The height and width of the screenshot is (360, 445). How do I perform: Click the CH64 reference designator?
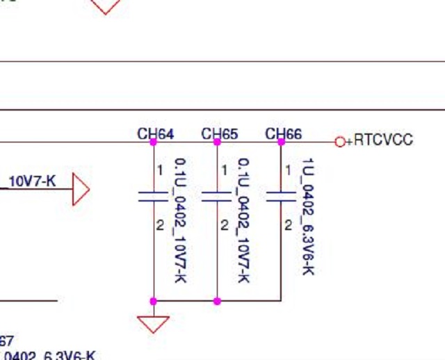click(155, 133)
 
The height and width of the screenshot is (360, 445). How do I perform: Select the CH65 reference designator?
click(219, 133)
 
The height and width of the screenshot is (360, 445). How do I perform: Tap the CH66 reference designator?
click(283, 133)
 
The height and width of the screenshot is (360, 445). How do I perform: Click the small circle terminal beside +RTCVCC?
click(340, 142)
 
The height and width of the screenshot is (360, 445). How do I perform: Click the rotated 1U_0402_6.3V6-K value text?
click(308, 216)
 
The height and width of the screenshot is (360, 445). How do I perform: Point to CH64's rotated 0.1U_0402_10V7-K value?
click(180, 220)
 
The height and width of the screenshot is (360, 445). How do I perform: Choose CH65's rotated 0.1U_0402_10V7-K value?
click(244, 220)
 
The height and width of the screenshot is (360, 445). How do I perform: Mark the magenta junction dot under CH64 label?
click(154, 142)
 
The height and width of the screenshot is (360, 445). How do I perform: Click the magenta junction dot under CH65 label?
click(217, 142)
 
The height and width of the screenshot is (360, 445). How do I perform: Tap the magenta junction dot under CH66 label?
click(281, 142)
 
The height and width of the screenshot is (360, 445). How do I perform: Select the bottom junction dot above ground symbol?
click(154, 301)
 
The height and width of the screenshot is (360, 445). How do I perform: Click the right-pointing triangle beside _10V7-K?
click(81, 190)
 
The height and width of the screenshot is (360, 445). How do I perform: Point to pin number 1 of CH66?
click(288, 170)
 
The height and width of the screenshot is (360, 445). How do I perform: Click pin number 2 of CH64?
click(160, 225)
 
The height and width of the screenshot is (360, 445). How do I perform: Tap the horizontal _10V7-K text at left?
click(31, 182)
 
